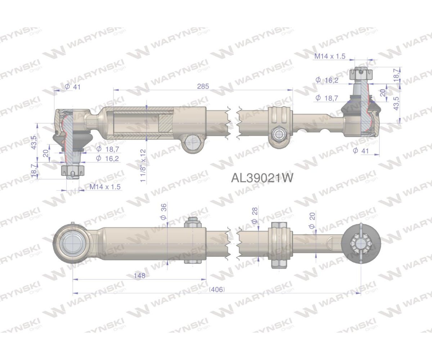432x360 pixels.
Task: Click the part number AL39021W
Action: click(x=262, y=178)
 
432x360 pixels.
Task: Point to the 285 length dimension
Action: click(x=203, y=87)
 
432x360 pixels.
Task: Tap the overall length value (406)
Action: click(x=217, y=289)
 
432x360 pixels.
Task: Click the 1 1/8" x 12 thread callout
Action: click(x=143, y=165)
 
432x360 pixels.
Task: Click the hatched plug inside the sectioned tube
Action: click(x=166, y=123)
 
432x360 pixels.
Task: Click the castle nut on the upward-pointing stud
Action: click(x=360, y=75)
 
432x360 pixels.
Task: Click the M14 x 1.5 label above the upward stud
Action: click(x=330, y=56)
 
